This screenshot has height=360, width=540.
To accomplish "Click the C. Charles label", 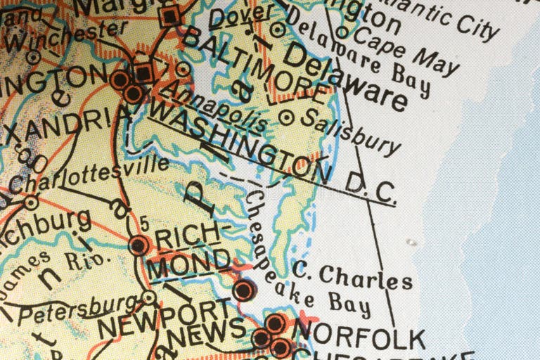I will tap(352, 275).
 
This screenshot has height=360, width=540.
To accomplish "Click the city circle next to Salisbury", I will tap(286, 117).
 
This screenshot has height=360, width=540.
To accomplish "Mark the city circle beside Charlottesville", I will tap(31, 202).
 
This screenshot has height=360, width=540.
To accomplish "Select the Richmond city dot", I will tap(139, 245).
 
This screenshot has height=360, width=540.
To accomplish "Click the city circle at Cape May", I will tap(342, 32).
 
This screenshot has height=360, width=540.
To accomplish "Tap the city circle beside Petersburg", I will tap(148, 298).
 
